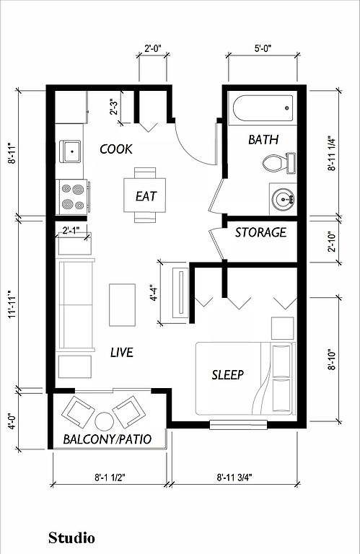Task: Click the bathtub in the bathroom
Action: (x=263, y=108)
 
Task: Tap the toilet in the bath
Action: (x=279, y=163)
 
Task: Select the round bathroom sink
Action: (x=283, y=199)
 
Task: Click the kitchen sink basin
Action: (x=70, y=151)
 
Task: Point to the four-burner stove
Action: (x=74, y=197)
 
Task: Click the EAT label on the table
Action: (x=146, y=196)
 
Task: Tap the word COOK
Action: (x=116, y=149)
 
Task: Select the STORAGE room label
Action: (x=260, y=232)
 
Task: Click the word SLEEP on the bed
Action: (x=228, y=374)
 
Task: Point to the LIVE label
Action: (x=121, y=352)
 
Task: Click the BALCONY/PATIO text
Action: (x=107, y=439)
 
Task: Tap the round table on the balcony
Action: (x=104, y=421)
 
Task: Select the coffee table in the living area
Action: (x=122, y=304)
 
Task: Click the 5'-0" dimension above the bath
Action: (x=263, y=48)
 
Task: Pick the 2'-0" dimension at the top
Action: (x=153, y=48)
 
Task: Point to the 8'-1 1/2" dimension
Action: (x=110, y=478)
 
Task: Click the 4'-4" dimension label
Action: (x=153, y=293)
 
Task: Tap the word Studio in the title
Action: (x=71, y=537)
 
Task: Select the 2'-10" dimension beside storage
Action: (x=332, y=242)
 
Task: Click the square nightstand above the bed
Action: (x=282, y=328)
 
